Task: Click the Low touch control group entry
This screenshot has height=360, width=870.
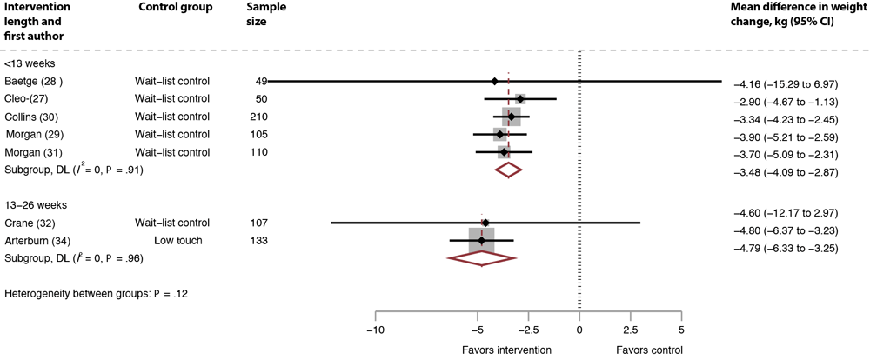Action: pyautogui.click(x=179, y=240)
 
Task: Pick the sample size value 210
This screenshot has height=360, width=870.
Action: pyautogui.click(x=258, y=117)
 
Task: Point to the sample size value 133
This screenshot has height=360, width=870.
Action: pyautogui.click(x=258, y=240)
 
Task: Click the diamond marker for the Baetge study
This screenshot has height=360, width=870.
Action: pyautogui.click(x=494, y=81)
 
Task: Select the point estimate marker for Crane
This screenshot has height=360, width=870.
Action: pyautogui.click(x=485, y=223)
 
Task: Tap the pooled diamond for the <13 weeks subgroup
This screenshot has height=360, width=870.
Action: pyautogui.click(x=508, y=170)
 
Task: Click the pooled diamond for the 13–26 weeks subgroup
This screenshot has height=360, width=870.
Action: pyautogui.click(x=481, y=257)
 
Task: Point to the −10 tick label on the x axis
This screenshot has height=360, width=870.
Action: pyautogui.click(x=375, y=330)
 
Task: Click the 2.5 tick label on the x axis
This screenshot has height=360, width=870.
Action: pyautogui.click(x=631, y=330)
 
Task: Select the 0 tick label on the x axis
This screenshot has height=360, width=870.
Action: pyautogui.click(x=579, y=330)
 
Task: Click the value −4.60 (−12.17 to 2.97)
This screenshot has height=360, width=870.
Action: pyautogui.click(x=787, y=213)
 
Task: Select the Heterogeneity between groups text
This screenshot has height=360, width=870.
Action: pyautogui.click(x=97, y=294)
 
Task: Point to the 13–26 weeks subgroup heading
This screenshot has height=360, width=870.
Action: pyautogui.click(x=36, y=205)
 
